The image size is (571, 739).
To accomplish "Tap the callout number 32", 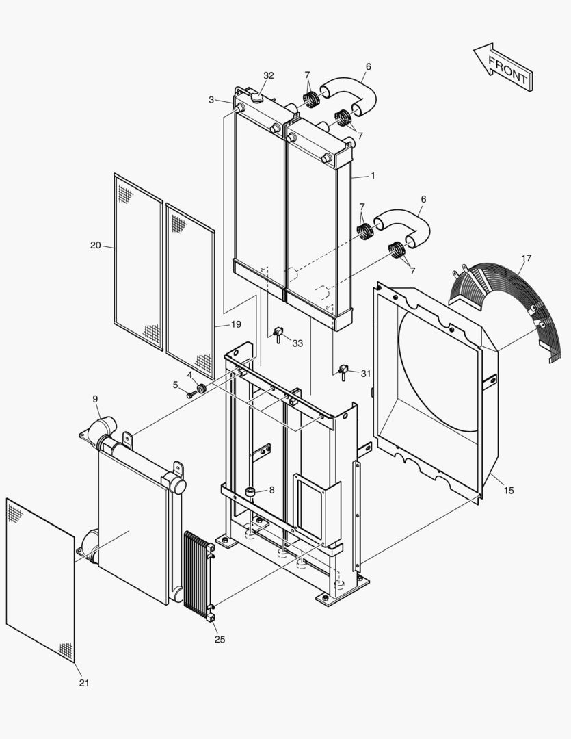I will click(269, 75).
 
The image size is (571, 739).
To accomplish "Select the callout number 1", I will click(373, 176).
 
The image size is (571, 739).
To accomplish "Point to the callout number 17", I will click(526, 258).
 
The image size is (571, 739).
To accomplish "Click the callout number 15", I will click(509, 490).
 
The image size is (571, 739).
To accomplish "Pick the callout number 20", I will click(95, 245).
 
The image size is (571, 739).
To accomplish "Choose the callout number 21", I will click(83, 682).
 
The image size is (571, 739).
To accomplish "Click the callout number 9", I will click(95, 399).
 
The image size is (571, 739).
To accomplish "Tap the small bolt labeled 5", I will click(191, 394).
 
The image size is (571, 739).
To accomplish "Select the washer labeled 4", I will click(202, 389).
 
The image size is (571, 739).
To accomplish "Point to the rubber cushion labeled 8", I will click(251, 491).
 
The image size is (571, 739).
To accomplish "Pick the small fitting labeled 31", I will click(343, 372).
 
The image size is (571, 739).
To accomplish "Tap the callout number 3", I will click(211, 100).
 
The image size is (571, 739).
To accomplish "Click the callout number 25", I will click(220, 640).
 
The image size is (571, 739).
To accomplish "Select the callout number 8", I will click(271, 490).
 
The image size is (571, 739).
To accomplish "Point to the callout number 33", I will click(297, 343).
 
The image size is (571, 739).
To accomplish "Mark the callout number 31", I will click(365, 373).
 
